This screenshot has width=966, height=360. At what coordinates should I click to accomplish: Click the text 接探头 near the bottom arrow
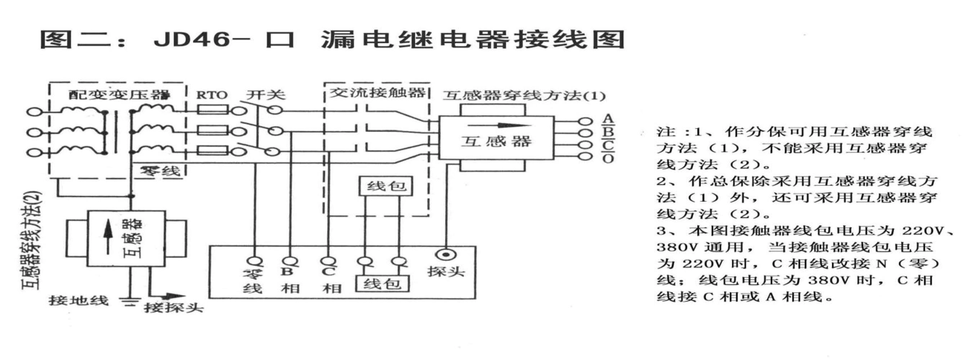(174, 309)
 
